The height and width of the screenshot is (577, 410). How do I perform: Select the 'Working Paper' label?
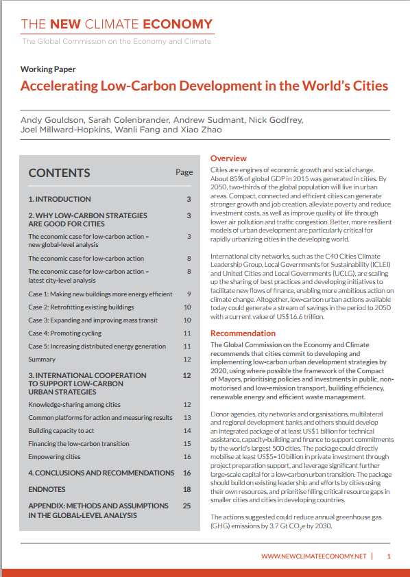pyautogui.click(x=47, y=69)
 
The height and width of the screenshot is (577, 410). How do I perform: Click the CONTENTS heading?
pyautogui.click(x=59, y=173)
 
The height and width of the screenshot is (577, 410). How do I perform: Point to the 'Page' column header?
pyautogui.click(x=184, y=172)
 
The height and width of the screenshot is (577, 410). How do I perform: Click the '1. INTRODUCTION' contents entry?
pyautogui.click(x=59, y=199)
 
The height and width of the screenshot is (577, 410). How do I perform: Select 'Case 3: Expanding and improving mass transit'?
pyautogui.click(x=93, y=320)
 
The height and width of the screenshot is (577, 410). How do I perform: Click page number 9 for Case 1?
pyautogui.click(x=187, y=294)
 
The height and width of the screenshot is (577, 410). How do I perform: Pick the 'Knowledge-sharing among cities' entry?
pyautogui.click(x=74, y=405)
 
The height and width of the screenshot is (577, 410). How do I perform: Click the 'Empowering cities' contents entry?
pyautogui.click(x=54, y=457)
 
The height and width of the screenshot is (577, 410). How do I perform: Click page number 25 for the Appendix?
pyautogui.click(x=186, y=506)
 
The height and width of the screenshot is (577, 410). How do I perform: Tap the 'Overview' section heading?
pyautogui.click(x=228, y=158)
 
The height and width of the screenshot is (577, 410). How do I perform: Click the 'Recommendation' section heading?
pyautogui.click(x=243, y=333)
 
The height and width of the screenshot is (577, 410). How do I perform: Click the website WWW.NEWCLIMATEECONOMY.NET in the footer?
pyautogui.click(x=313, y=556)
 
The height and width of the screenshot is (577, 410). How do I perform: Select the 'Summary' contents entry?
pyautogui.click(x=42, y=360)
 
